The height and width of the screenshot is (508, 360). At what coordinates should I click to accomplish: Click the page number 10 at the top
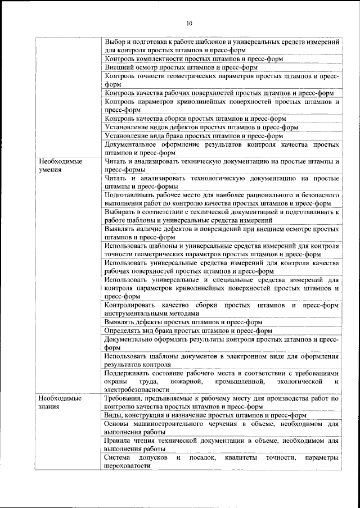click(189, 24)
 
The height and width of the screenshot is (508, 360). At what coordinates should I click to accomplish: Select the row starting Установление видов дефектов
click(201, 128)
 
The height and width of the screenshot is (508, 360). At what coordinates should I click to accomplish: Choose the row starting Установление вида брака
click(193, 135)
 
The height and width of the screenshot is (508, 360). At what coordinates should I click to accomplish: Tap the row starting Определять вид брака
click(188, 331)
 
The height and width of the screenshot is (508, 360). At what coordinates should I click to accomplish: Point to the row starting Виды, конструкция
click(205, 415)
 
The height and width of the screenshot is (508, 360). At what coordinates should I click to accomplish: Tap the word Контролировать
click(131, 306)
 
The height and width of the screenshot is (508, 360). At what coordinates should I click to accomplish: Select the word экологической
click(301, 382)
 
